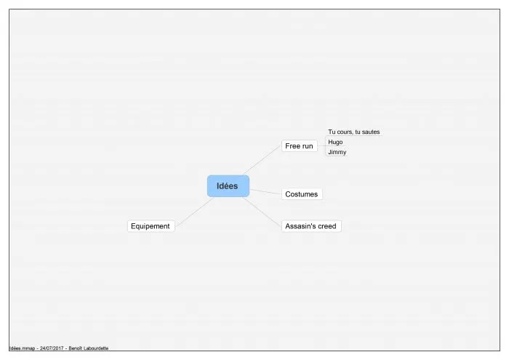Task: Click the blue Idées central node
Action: pos(228,186)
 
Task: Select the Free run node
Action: pos(300,146)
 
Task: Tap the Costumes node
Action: pos(302,194)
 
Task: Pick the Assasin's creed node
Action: pos(311,226)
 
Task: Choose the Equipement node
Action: pos(151,226)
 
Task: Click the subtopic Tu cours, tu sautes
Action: pos(354,132)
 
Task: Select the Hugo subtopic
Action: pos(335,142)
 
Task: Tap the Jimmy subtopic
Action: pos(337,152)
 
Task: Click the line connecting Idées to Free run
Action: pos(262,160)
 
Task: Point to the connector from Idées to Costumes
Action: pos(265,192)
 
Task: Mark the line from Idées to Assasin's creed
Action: pos(262,212)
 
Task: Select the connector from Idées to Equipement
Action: pos(194,212)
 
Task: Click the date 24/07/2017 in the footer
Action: pos(52,348)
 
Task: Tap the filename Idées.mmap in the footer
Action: pos(22,348)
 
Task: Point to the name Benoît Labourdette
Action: pos(89,348)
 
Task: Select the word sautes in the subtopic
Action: pos(372,132)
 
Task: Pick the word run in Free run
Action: pos(308,146)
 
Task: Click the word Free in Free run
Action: pos(292,146)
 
